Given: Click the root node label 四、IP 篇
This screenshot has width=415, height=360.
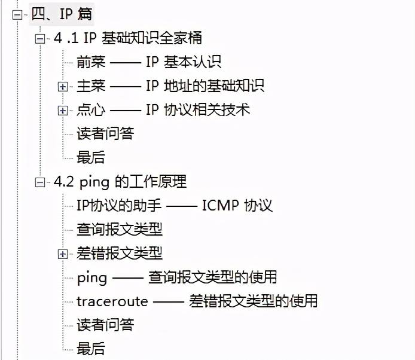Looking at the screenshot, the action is pos(62,14).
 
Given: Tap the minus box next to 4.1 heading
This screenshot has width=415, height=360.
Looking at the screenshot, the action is pos(40,38).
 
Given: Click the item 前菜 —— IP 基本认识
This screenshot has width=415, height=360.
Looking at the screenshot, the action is pos(149,62).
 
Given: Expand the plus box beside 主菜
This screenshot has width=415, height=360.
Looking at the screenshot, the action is pos(63,86).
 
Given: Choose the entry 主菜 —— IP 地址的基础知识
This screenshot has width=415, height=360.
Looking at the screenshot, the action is pos(170,86).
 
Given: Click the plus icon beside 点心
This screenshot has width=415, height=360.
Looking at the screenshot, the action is pos(63,110).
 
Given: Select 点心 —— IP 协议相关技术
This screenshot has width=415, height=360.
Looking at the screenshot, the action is pos(163,109).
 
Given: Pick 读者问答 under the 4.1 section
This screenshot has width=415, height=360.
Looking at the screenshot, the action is pos(105,133).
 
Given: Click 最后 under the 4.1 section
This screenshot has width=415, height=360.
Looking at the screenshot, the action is pos(91,157).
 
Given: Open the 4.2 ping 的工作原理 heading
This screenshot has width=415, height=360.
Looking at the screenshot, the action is pos(120,181).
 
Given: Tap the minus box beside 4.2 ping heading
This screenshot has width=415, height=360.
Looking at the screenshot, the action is pos(40,182).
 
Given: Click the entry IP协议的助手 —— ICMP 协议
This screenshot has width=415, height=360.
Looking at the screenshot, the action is pos(175,205).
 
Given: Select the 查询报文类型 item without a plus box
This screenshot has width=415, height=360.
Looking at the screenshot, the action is pos(120,229).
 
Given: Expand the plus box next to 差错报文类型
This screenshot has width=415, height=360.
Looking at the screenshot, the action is pos(63,254).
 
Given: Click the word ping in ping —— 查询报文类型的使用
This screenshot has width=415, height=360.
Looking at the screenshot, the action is pos(92,277).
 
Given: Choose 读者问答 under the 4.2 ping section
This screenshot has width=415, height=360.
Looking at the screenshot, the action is pos(105,325).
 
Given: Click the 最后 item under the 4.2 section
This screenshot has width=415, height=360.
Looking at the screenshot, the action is pos(91,348).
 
